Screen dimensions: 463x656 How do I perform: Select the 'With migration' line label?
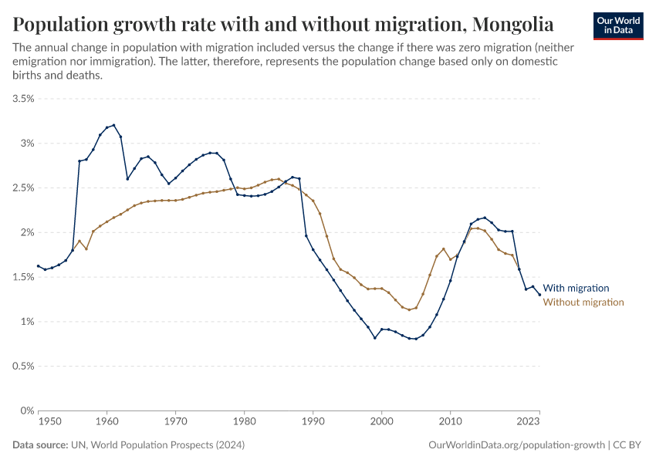576,287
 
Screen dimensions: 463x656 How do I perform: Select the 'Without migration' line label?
583,302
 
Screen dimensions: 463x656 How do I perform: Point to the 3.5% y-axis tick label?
24,99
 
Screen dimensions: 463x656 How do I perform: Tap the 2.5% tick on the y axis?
24,188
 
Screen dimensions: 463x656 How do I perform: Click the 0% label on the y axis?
28,411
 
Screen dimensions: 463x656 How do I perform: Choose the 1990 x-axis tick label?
313,422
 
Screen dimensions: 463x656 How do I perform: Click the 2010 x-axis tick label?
450,422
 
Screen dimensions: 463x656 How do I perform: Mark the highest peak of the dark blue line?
113,125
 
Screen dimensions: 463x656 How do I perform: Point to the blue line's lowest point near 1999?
375,338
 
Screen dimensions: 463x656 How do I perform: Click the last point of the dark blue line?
539,294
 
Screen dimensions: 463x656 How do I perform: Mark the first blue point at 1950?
39,266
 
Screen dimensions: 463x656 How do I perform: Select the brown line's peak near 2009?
444,249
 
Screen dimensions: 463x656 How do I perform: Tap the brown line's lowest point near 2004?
409,310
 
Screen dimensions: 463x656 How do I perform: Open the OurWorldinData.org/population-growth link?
515,445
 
